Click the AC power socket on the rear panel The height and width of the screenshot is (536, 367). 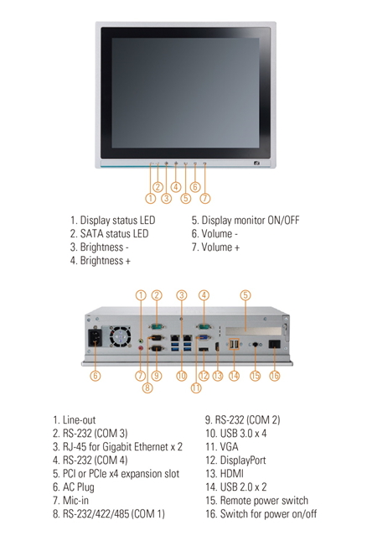96,338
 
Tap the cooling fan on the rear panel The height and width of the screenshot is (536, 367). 120,336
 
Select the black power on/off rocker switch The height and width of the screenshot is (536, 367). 275,344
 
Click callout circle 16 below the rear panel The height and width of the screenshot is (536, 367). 275,376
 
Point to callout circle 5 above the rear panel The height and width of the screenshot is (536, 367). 246,295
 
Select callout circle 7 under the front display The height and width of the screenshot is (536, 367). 204,198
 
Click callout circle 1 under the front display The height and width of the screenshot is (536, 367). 151,198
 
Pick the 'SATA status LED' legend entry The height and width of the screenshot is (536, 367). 109,234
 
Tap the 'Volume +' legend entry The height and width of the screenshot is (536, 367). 215,247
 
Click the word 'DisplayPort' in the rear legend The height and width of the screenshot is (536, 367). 243,461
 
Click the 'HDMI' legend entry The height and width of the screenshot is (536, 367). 232,474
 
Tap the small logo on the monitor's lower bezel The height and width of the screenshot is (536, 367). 256,164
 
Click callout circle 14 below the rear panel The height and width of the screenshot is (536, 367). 235,376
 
